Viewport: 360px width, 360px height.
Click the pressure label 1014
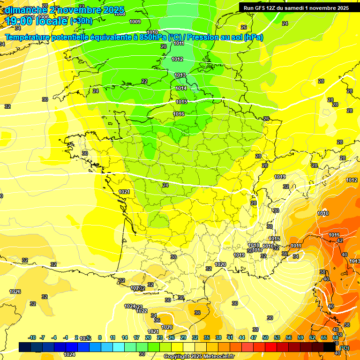point(181,88)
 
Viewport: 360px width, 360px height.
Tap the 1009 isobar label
point(135,22)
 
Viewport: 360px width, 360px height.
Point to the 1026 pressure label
point(15,292)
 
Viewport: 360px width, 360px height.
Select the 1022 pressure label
point(142,311)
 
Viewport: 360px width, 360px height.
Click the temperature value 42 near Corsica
point(340,240)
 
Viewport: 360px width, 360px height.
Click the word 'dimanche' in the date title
point(23,9)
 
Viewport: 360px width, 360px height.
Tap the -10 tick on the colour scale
point(32,337)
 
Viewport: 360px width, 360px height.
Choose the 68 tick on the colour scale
point(335,337)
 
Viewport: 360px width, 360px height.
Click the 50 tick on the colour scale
point(265,337)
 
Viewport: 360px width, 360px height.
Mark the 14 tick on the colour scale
point(125,337)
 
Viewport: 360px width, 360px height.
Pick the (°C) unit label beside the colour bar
point(344,347)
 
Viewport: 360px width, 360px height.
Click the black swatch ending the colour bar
point(330,347)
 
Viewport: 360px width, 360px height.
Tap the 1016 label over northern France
point(179,114)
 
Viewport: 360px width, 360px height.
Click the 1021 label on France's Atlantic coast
point(124,192)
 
